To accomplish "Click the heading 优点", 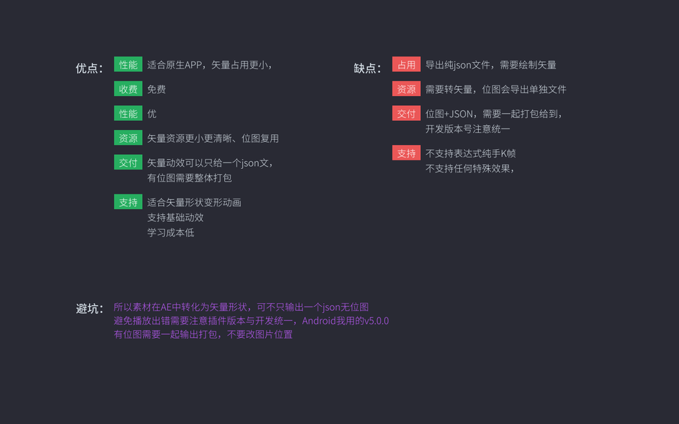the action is [x=89, y=69].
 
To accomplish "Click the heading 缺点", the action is [x=367, y=69].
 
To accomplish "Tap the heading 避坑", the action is [x=89, y=309].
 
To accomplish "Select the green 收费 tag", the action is [x=128, y=89].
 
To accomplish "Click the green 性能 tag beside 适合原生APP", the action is [x=128, y=64].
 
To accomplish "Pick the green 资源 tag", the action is [x=128, y=138].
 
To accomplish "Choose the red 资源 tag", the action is [x=406, y=89].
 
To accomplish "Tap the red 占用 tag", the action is [x=406, y=64].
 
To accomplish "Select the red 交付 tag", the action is [x=406, y=113].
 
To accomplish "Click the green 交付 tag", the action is [x=128, y=163].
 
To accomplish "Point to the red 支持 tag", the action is [x=406, y=153].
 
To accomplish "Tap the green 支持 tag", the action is [x=128, y=202].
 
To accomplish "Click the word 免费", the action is [x=156, y=90].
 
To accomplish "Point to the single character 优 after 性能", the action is [x=151, y=114].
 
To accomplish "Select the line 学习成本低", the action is [x=170, y=232].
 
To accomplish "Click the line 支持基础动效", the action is [x=175, y=218].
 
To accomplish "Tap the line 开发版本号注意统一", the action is [x=468, y=129].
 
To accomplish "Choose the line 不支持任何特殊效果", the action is [x=469, y=168].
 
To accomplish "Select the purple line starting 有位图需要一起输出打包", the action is [x=203, y=334].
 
